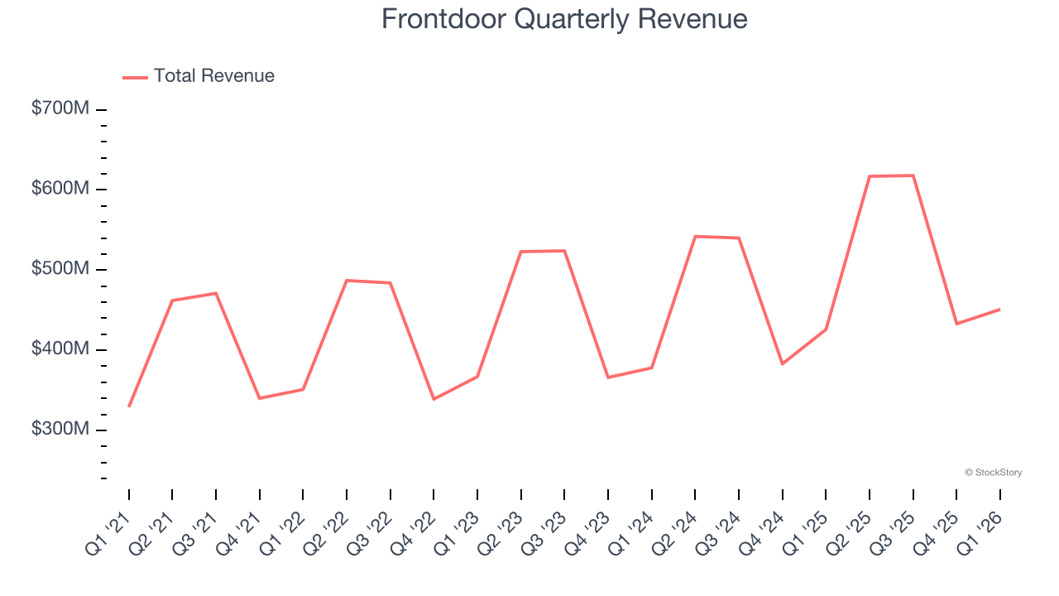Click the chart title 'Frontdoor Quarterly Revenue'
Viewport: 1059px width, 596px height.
point(564,19)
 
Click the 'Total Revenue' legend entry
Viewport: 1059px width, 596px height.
point(213,76)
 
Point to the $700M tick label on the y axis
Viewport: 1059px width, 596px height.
point(60,108)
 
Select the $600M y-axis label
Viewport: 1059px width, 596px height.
point(60,189)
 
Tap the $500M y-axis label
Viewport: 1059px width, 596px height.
point(60,269)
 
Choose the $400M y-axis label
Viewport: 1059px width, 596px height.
point(60,349)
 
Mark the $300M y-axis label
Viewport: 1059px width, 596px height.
point(60,430)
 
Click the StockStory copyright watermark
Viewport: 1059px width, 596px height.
point(993,473)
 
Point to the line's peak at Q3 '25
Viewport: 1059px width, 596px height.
point(913,175)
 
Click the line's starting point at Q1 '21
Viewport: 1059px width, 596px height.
point(129,406)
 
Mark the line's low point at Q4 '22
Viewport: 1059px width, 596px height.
point(434,399)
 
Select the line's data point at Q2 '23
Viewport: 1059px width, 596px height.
point(521,252)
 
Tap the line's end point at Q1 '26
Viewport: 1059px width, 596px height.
point(999,310)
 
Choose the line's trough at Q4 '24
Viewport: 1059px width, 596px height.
point(782,364)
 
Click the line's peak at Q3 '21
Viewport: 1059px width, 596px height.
point(216,293)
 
